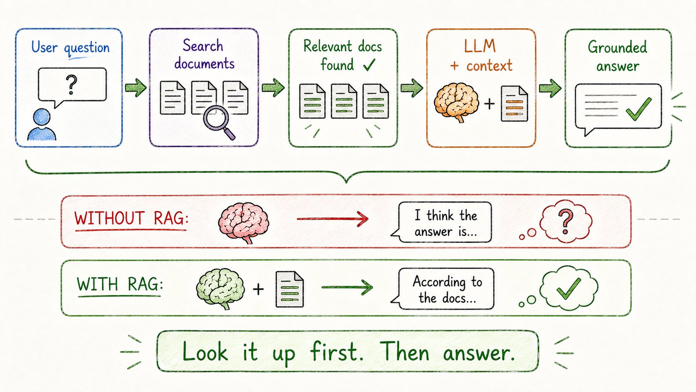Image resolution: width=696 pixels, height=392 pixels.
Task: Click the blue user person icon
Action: click(x=42, y=125)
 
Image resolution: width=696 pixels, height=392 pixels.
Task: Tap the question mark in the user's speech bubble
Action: click(x=72, y=84)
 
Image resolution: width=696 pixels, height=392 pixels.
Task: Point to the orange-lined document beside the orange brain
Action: click(x=514, y=103)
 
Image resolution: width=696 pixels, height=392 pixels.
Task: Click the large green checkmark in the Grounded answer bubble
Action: click(x=639, y=109)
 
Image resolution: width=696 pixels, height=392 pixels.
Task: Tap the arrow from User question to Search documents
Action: click(x=136, y=87)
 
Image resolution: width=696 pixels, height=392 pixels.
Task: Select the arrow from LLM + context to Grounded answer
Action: click(x=550, y=88)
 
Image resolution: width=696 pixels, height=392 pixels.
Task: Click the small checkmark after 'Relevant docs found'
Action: click(x=369, y=65)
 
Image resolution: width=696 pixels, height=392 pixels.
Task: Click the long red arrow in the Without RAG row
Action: click(x=333, y=219)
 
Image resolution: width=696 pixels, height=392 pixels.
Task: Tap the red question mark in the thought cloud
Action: click(x=565, y=221)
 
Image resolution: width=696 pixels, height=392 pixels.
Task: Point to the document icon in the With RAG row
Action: click(x=290, y=290)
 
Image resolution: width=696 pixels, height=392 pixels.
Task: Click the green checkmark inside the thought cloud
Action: click(x=569, y=289)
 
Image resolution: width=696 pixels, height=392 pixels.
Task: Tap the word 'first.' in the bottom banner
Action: click(x=336, y=352)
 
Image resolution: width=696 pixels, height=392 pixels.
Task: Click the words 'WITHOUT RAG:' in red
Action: click(x=131, y=218)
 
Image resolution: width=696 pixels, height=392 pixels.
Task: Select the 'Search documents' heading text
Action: click(x=204, y=55)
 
